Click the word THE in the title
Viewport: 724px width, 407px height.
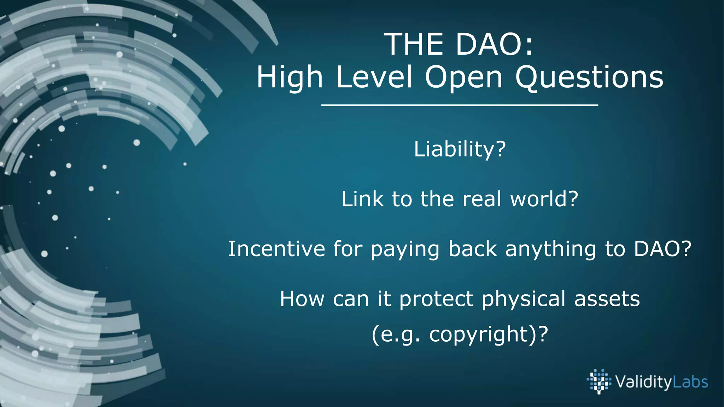click(414, 45)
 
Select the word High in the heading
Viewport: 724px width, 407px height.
click(290, 78)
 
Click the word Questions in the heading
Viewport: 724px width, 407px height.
click(589, 78)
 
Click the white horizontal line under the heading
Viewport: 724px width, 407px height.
click(459, 105)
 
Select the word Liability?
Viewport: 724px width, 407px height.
click(460, 149)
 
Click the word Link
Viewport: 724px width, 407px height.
click(362, 199)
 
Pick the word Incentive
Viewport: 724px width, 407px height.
click(276, 249)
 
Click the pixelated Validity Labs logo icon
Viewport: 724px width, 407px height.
click(599, 381)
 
